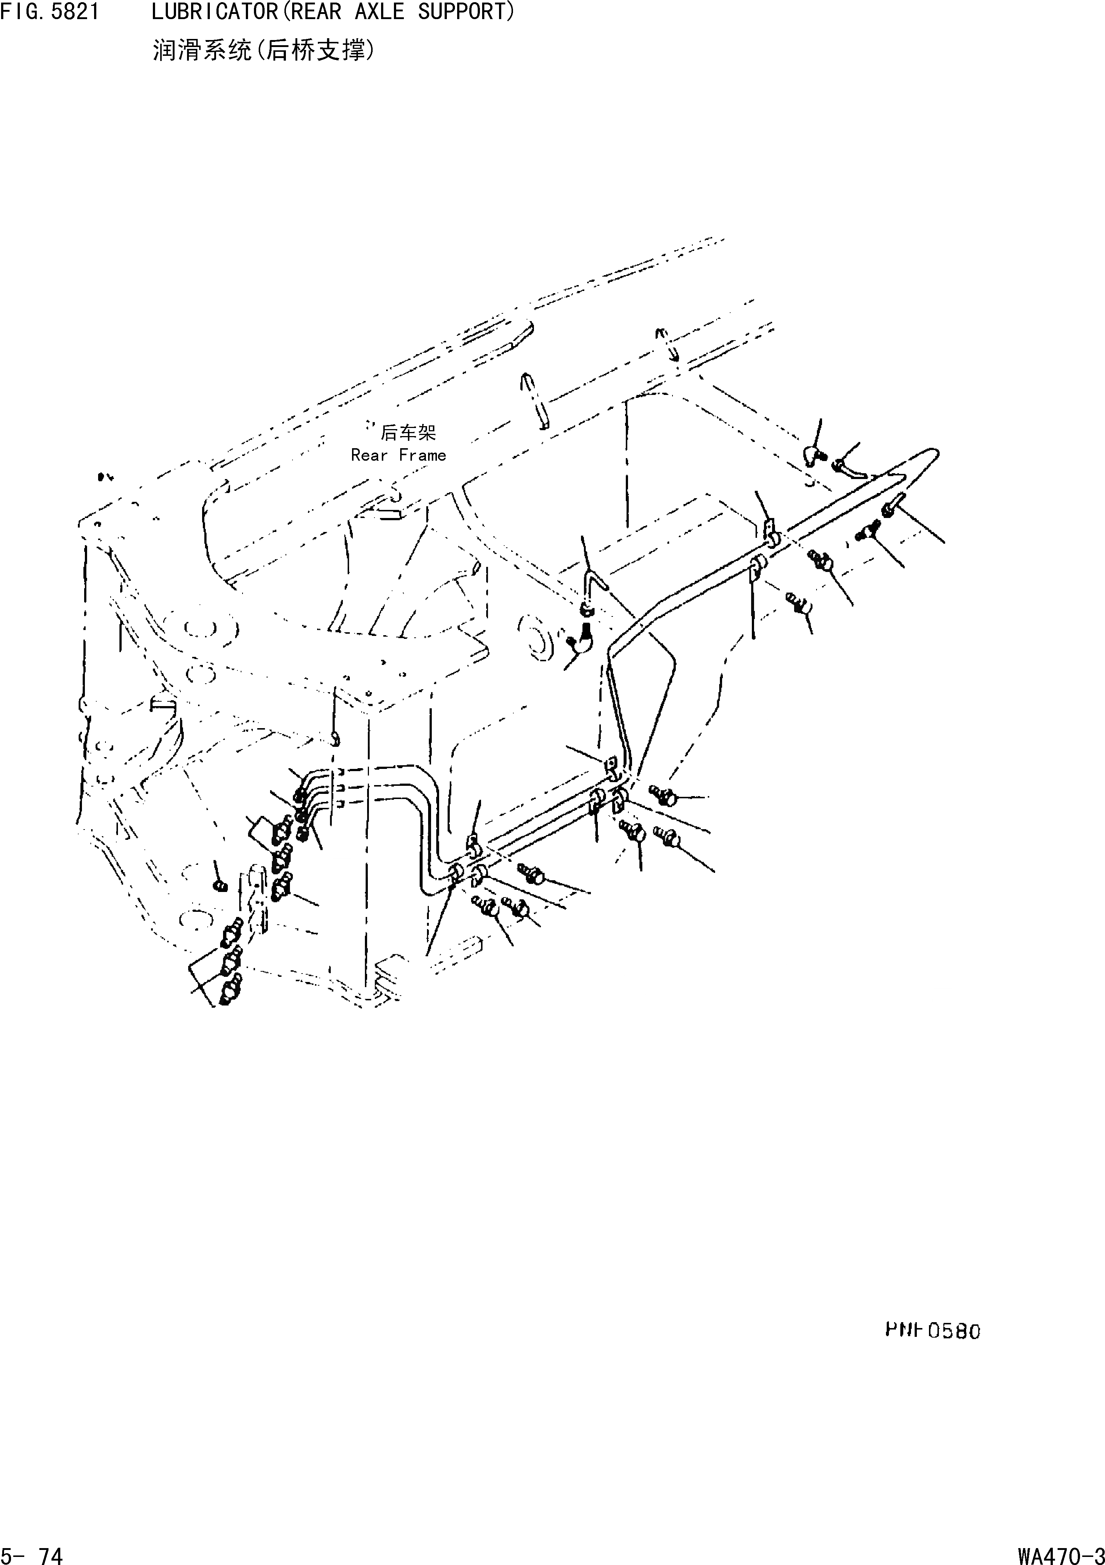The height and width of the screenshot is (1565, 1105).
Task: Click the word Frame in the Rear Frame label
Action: click(423, 455)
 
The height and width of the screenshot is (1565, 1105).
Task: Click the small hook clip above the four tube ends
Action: click(334, 738)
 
